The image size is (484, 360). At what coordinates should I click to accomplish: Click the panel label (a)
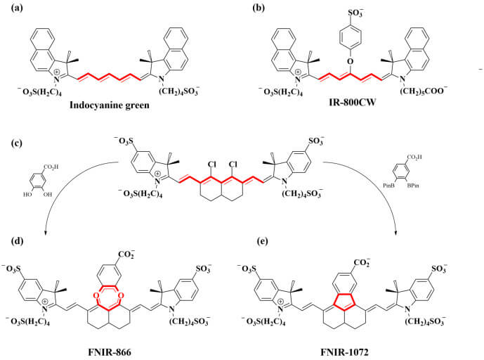click(x=9, y=8)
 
